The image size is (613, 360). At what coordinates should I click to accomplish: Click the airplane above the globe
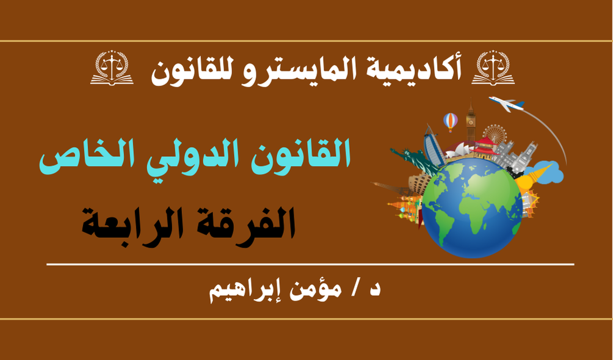click(x=506, y=104)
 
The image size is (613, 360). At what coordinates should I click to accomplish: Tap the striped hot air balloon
click(x=451, y=121)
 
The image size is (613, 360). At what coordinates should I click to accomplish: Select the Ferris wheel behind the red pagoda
click(x=495, y=134)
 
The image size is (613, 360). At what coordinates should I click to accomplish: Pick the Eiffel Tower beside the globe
click(x=393, y=188)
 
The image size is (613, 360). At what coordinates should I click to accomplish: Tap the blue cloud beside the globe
click(x=547, y=173)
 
